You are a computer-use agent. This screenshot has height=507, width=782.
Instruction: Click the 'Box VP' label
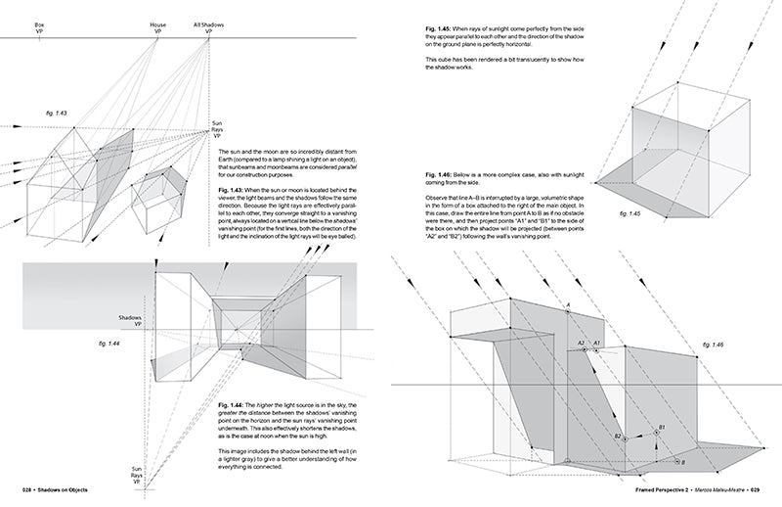14,27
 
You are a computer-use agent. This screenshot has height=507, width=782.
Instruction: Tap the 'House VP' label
157,27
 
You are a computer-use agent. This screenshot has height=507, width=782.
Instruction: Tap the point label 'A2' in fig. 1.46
581,343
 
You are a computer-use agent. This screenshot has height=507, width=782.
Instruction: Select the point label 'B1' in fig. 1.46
662,429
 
